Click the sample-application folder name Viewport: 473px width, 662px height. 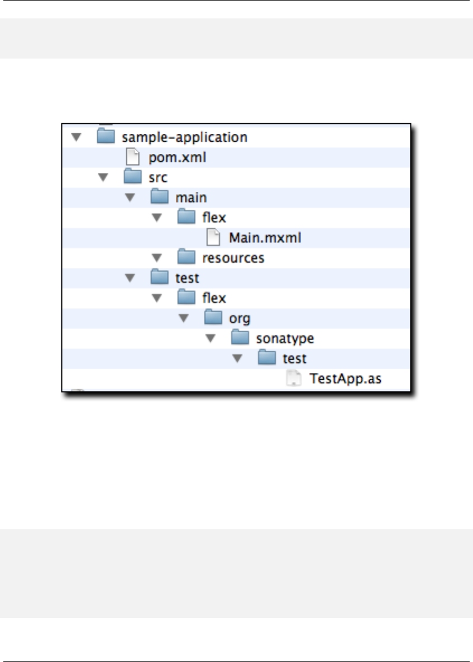[x=184, y=137]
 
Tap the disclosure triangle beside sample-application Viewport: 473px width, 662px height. [x=77, y=137]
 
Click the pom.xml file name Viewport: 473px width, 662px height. [x=178, y=157]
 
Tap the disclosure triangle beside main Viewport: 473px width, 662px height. [x=130, y=198]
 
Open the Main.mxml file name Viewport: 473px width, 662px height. [x=265, y=238]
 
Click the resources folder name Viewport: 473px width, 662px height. [x=233, y=258]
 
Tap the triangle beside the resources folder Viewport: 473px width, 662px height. [x=157, y=258]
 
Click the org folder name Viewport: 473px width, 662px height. [x=240, y=319]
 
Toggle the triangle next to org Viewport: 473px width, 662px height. [x=183, y=319]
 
